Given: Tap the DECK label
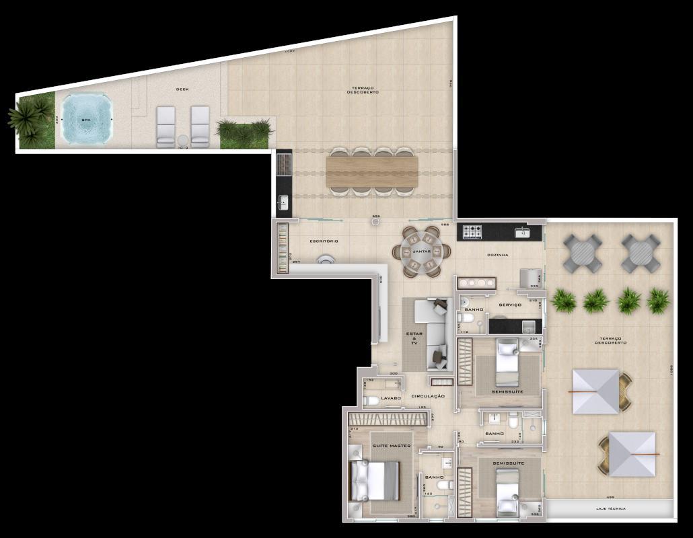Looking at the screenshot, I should tap(182, 89).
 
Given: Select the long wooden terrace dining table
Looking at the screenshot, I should tap(371, 171).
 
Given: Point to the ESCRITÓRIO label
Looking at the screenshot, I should tap(324, 241).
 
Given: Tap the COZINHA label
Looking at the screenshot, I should tap(498, 256).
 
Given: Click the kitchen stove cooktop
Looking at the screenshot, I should tap(472, 231).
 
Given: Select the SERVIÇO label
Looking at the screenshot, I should tap(510, 305).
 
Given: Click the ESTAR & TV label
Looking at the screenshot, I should tap(414, 338).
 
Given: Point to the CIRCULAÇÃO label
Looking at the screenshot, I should tap(428, 396).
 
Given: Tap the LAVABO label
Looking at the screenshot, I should tap(391, 398).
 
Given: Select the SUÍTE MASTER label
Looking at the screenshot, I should tap(392, 446).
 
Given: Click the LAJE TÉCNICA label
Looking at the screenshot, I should tap(611, 508).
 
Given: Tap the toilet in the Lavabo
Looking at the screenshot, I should tap(371, 401).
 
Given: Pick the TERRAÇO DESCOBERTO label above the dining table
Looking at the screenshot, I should tap(364, 90).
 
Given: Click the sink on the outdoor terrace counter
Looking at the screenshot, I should tap(283, 201).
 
